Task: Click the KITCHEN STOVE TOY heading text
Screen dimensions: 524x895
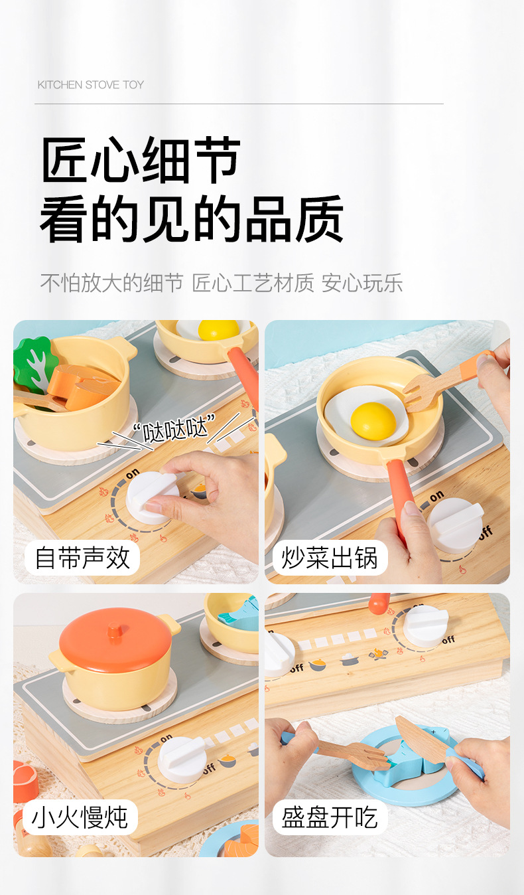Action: (91, 85)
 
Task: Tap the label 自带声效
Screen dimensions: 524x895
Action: (82, 558)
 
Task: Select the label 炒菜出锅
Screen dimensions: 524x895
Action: (330, 558)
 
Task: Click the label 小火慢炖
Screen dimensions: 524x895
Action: (80, 817)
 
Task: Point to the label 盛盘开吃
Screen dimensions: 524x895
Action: (330, 817)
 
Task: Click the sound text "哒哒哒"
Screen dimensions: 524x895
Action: (174, 428)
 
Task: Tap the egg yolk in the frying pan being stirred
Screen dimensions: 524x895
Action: (373, 421)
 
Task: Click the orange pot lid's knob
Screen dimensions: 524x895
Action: (115, 631)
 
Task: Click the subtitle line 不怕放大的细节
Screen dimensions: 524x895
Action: (111, 283)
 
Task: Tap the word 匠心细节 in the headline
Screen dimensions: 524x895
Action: (141, 160)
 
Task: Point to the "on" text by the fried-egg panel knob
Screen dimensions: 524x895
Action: (436, 496)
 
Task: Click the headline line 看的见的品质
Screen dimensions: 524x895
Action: (192, 219)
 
